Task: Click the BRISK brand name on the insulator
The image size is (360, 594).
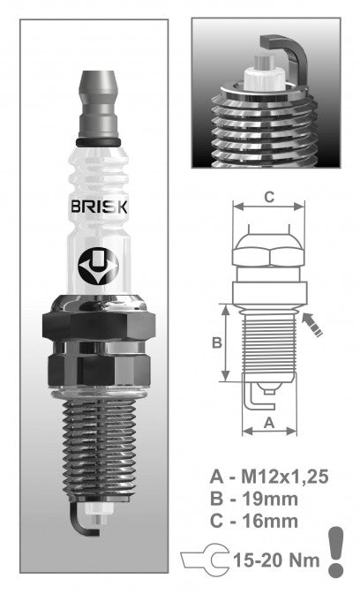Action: point(98,207)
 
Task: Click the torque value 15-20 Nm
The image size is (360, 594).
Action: point(281,558)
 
